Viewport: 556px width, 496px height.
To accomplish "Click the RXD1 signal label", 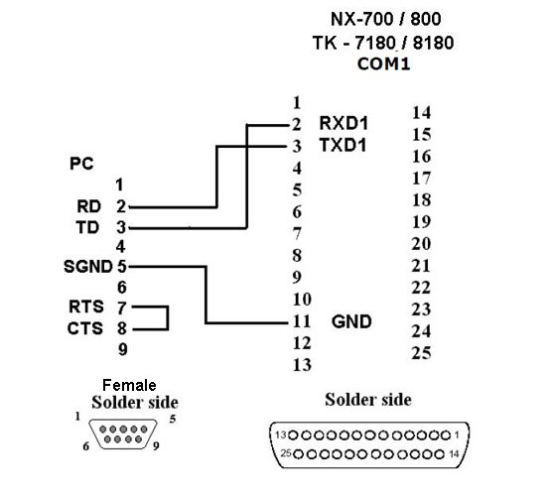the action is (344, 123).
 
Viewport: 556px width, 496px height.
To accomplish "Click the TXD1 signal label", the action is (343, 145).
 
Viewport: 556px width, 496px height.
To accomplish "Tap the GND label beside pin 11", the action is (351, 322).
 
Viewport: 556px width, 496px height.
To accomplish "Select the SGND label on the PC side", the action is (88, 267).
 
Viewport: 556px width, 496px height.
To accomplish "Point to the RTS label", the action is (86, 307).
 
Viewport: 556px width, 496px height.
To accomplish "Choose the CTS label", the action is (85, 328).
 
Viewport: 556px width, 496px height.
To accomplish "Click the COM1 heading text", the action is (384, 64).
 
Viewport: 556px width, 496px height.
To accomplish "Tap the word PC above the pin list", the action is (81, 164).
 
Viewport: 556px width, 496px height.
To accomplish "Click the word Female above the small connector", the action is (129, 385).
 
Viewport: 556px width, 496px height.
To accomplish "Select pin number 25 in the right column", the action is (421, 353).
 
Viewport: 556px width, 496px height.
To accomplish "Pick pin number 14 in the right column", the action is (422, 113).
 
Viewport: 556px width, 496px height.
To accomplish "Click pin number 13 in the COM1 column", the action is (302, 365).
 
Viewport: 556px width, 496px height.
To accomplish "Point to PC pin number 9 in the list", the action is (123, 349).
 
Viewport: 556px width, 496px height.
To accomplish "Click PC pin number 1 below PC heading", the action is (119, 185).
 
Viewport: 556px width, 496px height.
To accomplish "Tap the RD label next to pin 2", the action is (89, 206).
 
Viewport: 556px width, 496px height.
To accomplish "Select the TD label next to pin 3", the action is (87, 227).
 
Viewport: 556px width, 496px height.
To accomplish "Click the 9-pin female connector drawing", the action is (123, 434).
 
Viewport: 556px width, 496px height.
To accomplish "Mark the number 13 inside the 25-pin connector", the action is (281, 434).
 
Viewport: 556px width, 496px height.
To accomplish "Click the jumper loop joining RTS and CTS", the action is (168, 318).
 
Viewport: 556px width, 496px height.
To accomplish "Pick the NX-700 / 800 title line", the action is (386, 19).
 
